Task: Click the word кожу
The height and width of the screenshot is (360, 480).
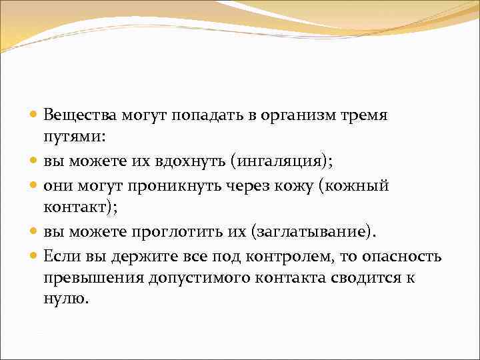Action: pos(289,186)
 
